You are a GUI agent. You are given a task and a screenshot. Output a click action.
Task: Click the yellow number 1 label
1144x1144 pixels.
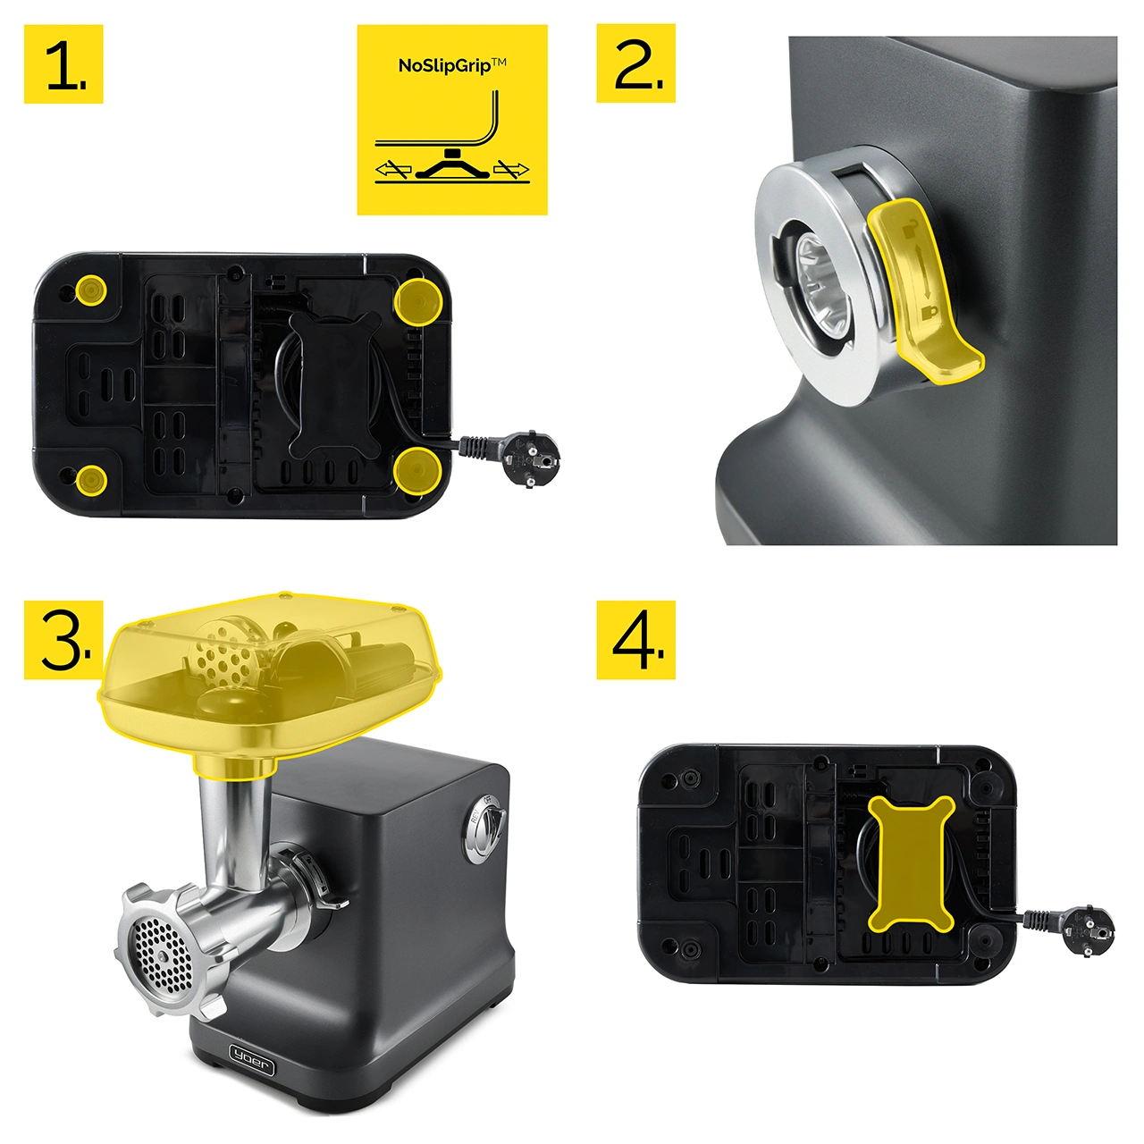point(63,63)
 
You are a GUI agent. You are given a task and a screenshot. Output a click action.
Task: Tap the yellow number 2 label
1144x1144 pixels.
point(635,63)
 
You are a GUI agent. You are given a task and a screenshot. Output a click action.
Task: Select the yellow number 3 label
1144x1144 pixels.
point(63,640)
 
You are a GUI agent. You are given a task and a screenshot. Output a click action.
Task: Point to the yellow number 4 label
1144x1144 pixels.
point(635,640)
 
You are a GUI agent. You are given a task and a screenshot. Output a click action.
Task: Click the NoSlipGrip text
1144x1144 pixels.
point(452,64)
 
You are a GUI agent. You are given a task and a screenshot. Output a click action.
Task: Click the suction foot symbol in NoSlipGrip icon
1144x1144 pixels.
point(452,166)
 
